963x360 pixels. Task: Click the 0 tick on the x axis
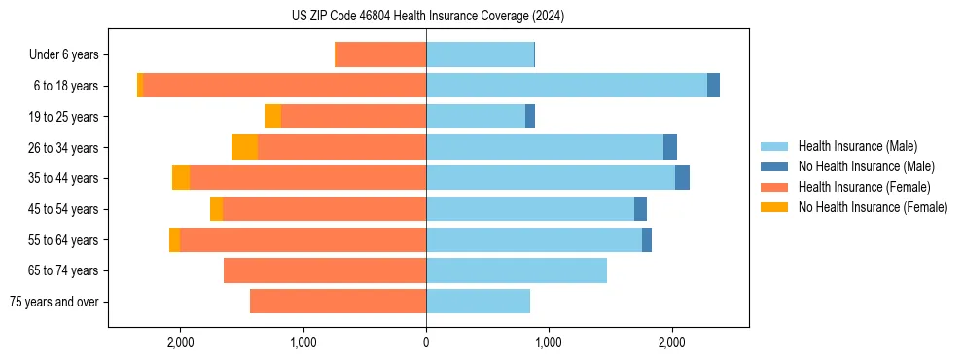[426, 342]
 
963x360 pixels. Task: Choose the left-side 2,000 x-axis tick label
[180, 342]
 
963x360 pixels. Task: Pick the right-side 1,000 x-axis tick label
[549, 342]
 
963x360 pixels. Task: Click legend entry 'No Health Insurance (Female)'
[873, 207]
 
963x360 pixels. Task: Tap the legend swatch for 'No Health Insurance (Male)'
[774, 166]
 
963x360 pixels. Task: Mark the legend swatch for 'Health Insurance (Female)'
[774, 187]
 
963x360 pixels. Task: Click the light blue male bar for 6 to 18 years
[566, 86]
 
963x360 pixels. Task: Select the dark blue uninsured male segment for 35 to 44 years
[682, 178]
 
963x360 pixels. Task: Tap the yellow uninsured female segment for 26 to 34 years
[244, 147]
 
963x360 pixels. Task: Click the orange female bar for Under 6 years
[380, 54]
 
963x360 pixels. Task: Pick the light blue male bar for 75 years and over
[478, 302]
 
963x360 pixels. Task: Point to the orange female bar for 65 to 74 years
[325, 270]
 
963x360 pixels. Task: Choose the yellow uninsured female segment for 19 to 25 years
[272, 117]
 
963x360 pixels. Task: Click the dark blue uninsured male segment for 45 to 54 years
[640, 209]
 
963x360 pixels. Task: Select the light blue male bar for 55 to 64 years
[534, 239]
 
